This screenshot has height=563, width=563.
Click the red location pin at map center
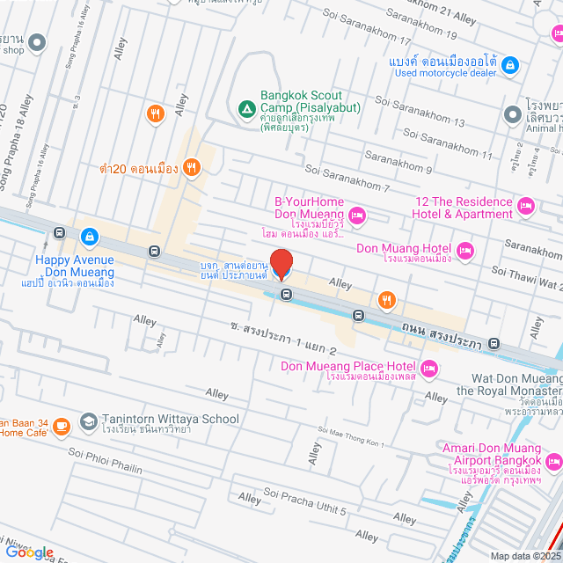281,264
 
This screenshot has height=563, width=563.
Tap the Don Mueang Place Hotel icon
428,368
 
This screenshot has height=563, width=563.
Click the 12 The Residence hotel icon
526,208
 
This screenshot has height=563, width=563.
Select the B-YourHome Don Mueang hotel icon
357,215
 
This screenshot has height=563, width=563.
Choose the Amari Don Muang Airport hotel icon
553,461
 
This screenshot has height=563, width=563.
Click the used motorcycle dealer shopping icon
509,65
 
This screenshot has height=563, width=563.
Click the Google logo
29,552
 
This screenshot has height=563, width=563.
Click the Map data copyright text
524,555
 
